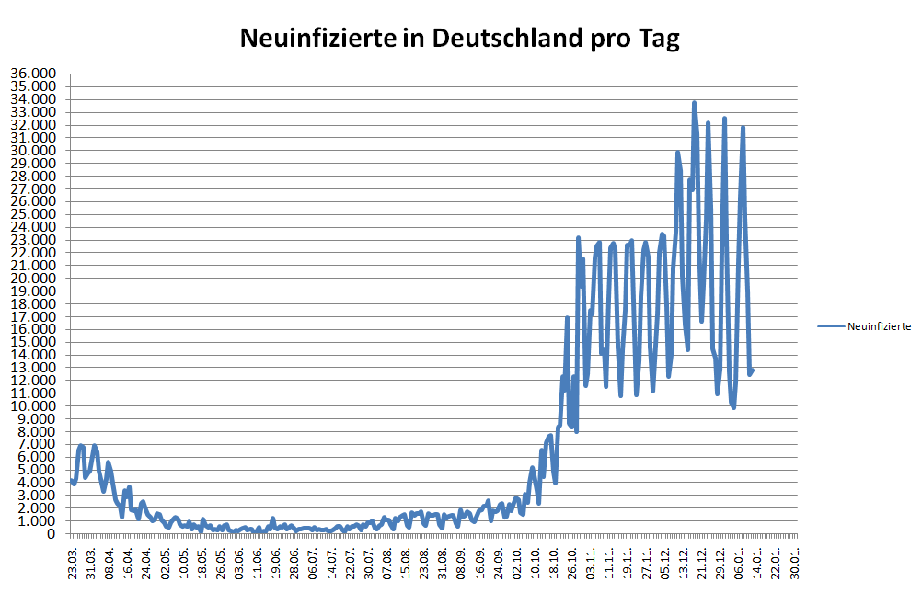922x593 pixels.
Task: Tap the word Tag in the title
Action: (x=652, y=39)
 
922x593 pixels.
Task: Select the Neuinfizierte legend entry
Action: (x=879, y=326)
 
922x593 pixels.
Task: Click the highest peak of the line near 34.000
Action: (x=694, y=102)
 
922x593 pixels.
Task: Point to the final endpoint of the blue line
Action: (x=752, y=371)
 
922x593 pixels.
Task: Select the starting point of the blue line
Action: (x=72, y=480)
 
